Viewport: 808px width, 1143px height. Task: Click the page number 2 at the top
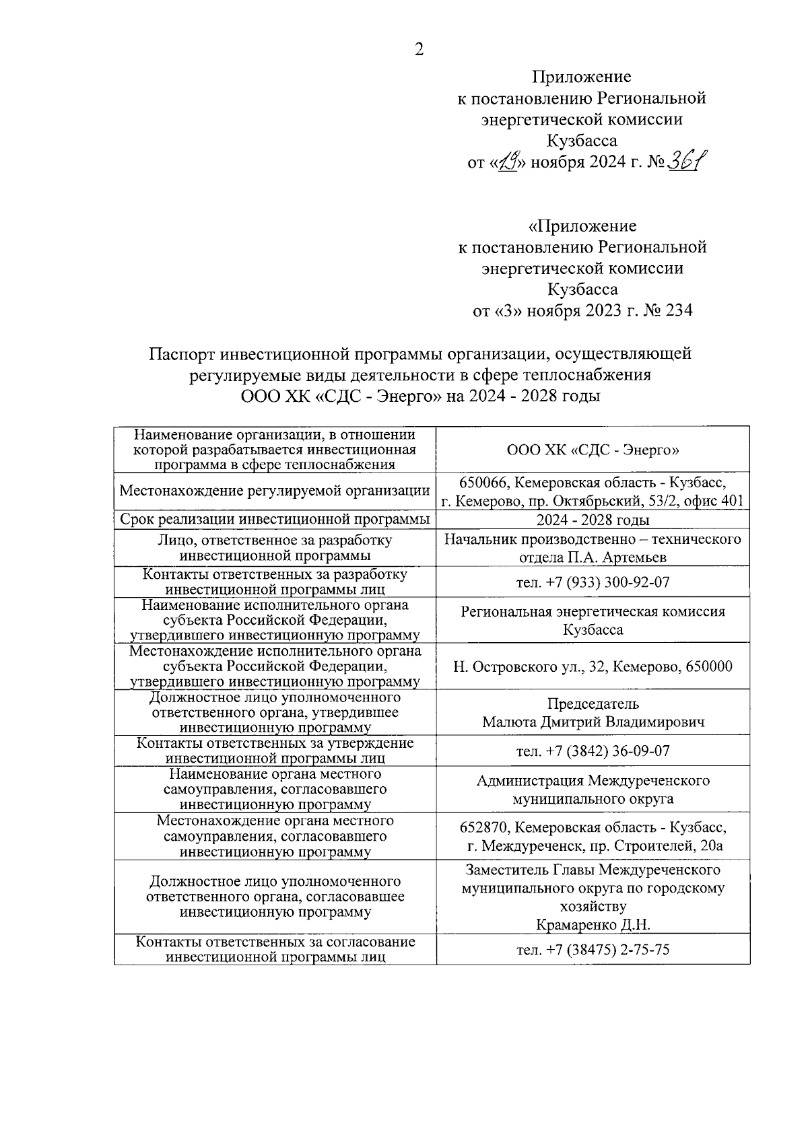[419, 50]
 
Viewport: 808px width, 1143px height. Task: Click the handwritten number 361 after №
[687, 162]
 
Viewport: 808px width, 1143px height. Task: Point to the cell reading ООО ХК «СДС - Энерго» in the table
[593, 450]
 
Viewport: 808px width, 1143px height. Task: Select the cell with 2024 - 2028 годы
[593, 520]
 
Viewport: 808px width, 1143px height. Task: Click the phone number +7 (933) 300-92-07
[605, 582]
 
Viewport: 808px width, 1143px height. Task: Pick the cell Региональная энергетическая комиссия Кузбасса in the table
[593, 621]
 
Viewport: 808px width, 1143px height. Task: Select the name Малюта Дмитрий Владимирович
[593, 722]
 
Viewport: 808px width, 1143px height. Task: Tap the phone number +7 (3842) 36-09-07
[605, 751]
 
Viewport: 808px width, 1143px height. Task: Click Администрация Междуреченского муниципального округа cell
[593, 790]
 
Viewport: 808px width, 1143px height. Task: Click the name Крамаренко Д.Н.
[593, 925]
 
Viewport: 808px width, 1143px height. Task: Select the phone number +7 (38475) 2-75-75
[605, 950]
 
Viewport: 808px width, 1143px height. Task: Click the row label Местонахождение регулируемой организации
[275, 491]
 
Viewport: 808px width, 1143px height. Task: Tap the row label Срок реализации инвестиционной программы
[275, 520]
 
